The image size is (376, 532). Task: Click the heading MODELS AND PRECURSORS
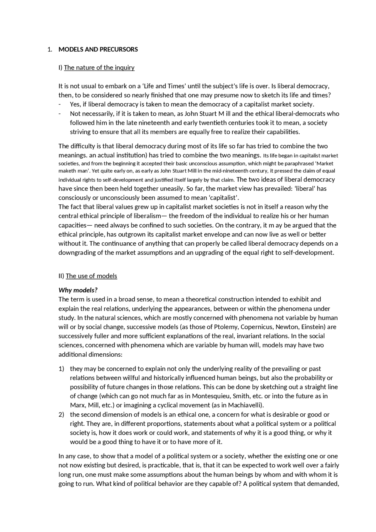[98, 49]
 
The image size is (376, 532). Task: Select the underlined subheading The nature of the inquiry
[99, 68]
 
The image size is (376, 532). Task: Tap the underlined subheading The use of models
[91, 276]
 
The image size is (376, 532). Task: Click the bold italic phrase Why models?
[78, 290]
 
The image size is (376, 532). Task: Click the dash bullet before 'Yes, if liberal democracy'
[60, 105]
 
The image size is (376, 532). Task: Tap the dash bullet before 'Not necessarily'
[60, 114]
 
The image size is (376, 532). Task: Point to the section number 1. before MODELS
[50, 49]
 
